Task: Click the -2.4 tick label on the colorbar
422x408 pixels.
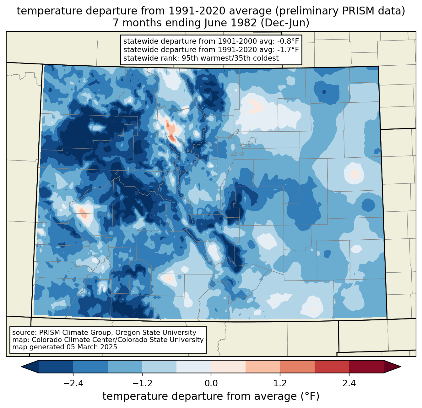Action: [73, 384]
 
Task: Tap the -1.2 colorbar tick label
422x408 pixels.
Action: [142, 384]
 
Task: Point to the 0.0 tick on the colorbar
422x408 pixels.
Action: [211, 384]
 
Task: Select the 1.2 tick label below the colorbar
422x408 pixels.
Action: [280, 384]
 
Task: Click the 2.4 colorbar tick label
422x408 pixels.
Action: [349, 384]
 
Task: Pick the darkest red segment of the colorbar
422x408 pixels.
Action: [366, 367]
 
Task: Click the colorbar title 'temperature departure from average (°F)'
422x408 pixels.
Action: [211, 396]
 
